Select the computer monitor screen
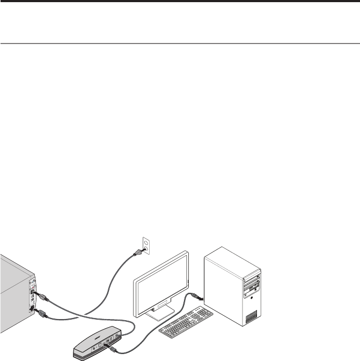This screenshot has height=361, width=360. [x=160, y=284]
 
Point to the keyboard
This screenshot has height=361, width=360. [x=186, y=322]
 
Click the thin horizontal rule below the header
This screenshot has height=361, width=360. [x=180, y=44]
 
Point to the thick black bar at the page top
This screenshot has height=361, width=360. [x=180, y=2]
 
